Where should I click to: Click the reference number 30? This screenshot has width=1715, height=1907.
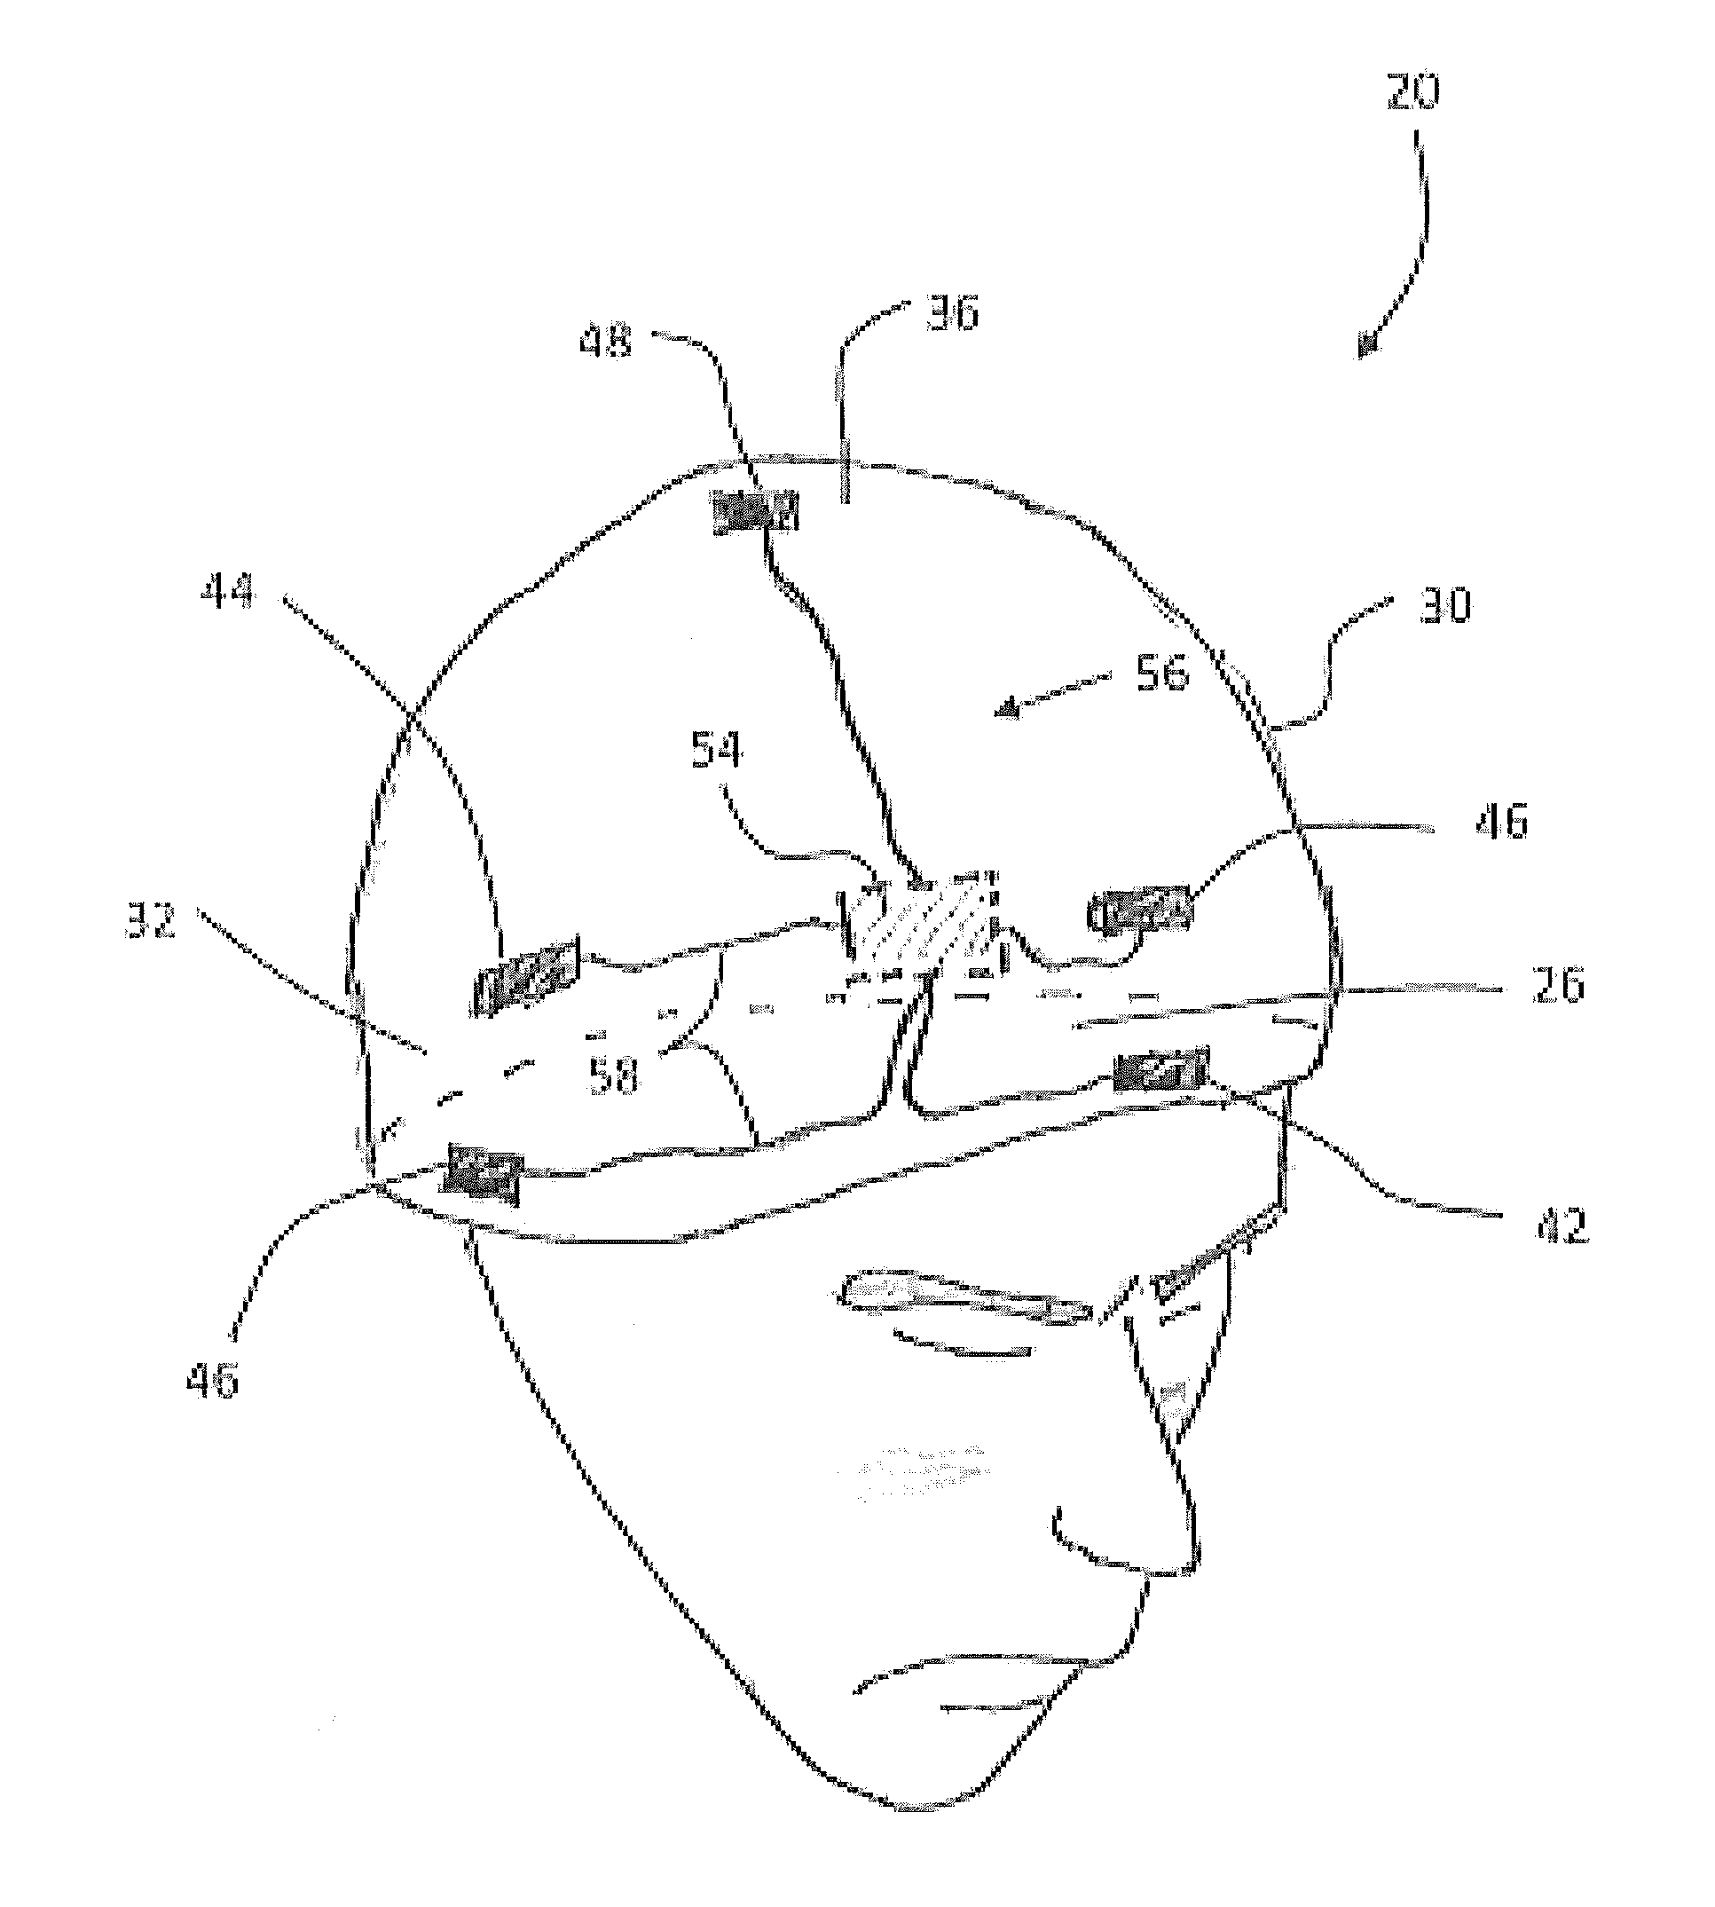(1444, 605)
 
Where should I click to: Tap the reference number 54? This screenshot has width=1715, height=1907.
(717, 752)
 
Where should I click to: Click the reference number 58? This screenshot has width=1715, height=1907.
(613, 1074)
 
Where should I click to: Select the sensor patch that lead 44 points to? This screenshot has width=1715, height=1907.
(525, 975)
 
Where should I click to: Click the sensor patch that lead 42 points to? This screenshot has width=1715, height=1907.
(1158, 1072)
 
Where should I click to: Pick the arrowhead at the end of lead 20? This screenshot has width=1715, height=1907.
(1367, 346)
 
